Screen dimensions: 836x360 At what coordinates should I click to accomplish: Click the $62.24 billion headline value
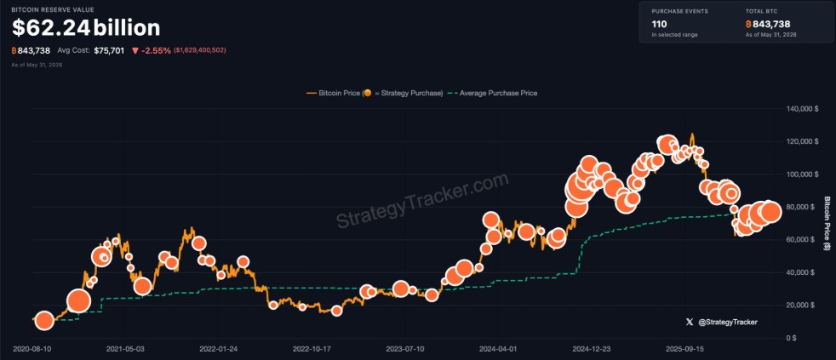(x=86, y=28)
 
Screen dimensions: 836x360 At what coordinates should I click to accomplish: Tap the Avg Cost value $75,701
(x=110, y=51)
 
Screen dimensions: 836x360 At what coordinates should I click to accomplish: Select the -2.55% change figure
(x=156, y=51)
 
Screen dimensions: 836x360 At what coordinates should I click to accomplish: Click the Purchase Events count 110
(x=660, y=24)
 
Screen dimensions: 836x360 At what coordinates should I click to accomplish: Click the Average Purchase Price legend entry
(x=493, y=93)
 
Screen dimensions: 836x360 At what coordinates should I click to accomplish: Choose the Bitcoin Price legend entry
(x=375, y=93)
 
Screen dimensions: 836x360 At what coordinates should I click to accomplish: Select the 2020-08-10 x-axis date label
(x=31, y=349)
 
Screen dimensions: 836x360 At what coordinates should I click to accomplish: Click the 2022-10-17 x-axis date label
(x=311, y=349)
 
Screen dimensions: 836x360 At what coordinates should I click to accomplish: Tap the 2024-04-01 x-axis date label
(x=497, y=349)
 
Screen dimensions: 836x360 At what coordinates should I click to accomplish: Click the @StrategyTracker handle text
(x=727, y=323)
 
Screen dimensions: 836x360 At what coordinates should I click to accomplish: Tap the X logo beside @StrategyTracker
(x=690, y=323)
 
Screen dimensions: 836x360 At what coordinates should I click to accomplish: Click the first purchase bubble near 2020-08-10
(x=45, y=321)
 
